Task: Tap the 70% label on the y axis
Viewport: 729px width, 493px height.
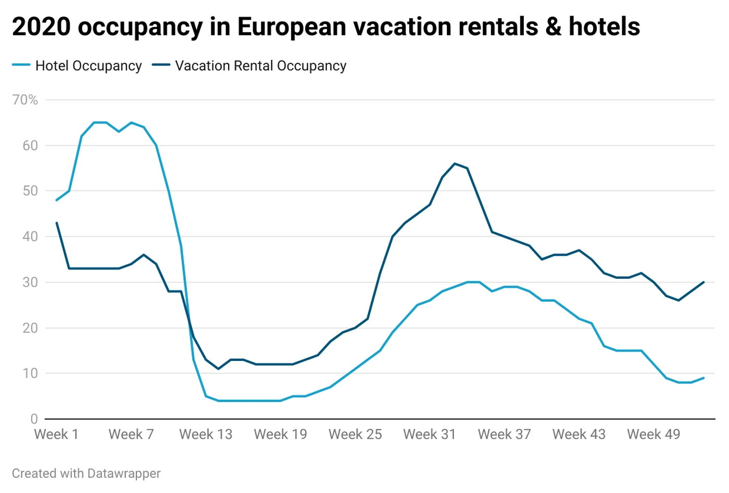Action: pos(25,100)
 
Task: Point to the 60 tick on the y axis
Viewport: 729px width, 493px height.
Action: pos(30,146)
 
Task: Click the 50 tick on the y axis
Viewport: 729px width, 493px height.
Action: pos(30,191)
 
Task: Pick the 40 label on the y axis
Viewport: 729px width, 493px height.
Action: pos(30,237)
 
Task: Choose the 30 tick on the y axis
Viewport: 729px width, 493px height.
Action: pos(30,282)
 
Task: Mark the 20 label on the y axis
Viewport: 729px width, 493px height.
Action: pos(30,328)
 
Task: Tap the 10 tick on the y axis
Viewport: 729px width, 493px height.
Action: pos(30,373)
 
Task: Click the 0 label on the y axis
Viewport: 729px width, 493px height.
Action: pos(34,419)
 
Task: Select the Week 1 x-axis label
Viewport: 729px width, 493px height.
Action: pos(56,434)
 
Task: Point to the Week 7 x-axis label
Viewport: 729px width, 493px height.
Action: pos(131,434)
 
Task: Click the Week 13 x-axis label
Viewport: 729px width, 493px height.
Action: pos(206,434)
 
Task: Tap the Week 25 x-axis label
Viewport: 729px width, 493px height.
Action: pos(355,434)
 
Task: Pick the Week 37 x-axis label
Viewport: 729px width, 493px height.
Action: pos(504,434)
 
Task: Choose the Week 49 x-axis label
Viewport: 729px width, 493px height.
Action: pos(653,434)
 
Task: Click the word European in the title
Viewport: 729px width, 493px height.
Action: pos(292,27)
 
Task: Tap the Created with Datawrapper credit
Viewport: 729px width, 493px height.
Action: pos(86,474)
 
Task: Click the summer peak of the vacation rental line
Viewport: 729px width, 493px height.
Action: pos(455,163)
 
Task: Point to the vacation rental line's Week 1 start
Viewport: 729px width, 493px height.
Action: pos(57,223)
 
